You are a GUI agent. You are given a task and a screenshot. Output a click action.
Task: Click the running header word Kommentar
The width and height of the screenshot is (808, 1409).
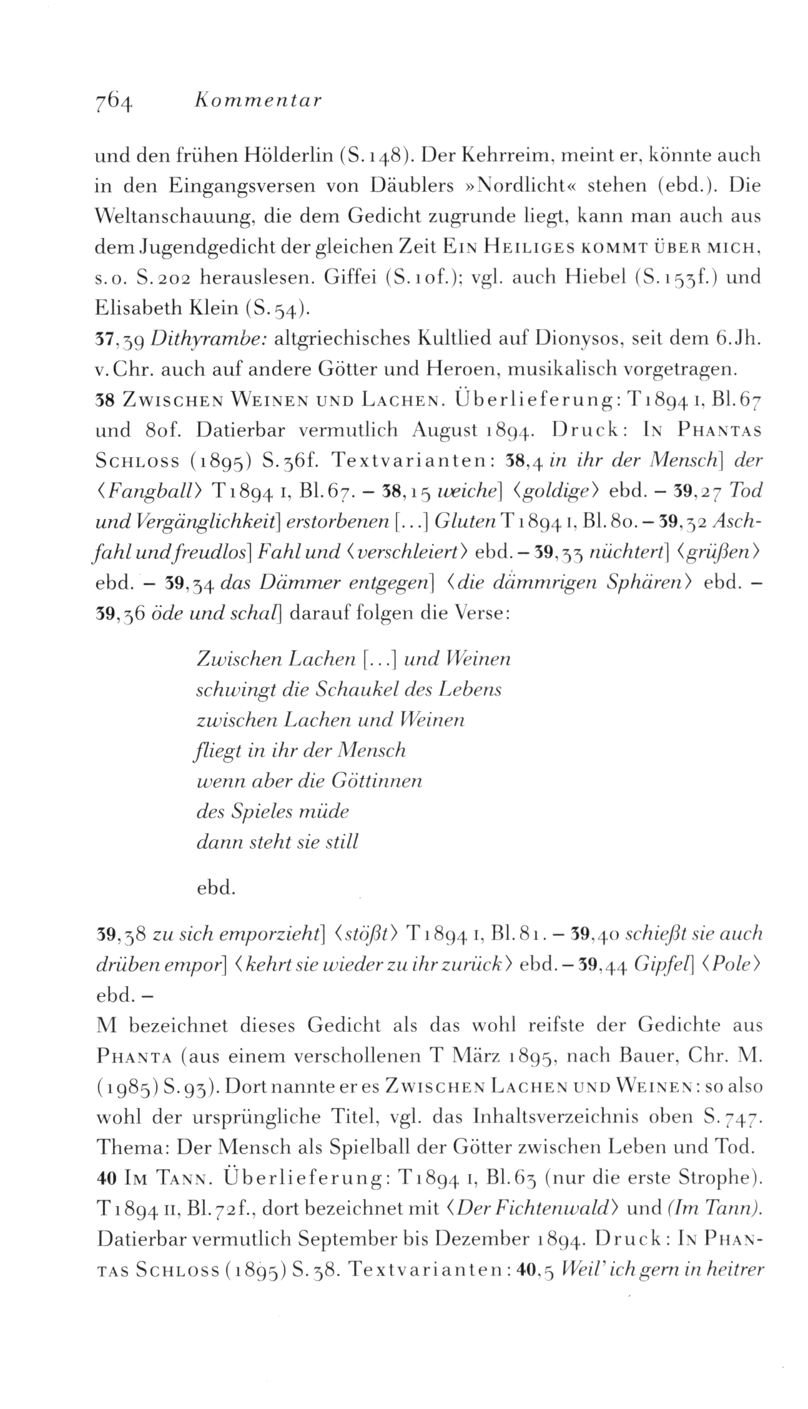point(257,100)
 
